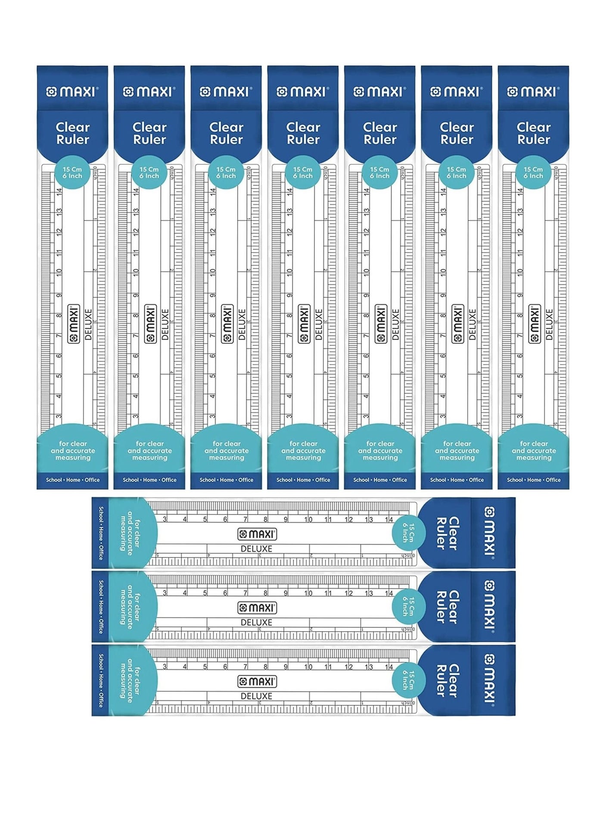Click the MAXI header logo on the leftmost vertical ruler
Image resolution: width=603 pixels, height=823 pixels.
pos(72,92)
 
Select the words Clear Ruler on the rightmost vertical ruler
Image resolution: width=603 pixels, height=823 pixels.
pos(534,133)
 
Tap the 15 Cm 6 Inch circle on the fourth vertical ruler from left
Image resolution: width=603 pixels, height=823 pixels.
pos(303,172)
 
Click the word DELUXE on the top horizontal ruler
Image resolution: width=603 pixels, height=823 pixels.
pos(256,549)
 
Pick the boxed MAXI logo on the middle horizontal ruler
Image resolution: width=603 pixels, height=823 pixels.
pos(257,608)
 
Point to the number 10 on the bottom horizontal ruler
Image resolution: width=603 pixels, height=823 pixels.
pos(308,667)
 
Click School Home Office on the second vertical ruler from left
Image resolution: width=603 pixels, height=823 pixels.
pos(149,480)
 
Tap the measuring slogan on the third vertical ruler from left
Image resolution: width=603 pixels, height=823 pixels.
pos(227,451)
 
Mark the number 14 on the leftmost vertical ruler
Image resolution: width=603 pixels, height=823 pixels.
pos(59,192)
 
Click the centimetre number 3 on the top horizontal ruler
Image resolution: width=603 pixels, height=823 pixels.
pos(165,520)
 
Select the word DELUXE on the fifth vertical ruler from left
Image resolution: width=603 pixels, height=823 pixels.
pos(395,324)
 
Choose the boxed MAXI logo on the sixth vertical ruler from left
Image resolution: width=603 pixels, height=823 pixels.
pos(457,324)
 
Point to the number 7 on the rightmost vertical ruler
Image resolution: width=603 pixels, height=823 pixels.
pos(520,336)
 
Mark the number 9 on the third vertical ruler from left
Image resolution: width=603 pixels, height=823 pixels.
pos(212,296)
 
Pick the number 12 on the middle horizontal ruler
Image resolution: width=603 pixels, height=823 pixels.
pos(349,593)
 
